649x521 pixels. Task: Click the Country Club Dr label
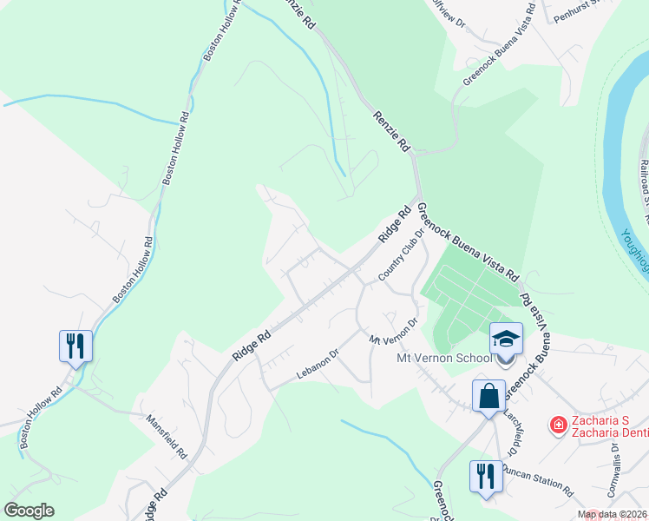(400, 255)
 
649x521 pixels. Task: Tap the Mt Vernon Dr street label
(393, 330)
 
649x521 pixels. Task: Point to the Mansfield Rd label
(167, 436)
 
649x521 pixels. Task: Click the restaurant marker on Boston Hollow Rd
(75, 346)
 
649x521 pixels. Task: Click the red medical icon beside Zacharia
(559, 424)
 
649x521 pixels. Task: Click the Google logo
(29, 511)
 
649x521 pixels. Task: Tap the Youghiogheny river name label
(637, 247)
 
